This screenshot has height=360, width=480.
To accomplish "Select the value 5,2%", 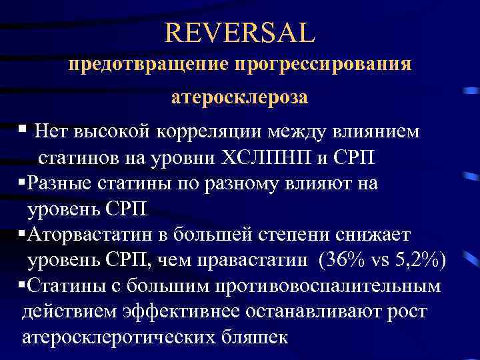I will coord(413,260).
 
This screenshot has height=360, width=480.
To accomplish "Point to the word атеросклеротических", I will coord(117,337).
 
